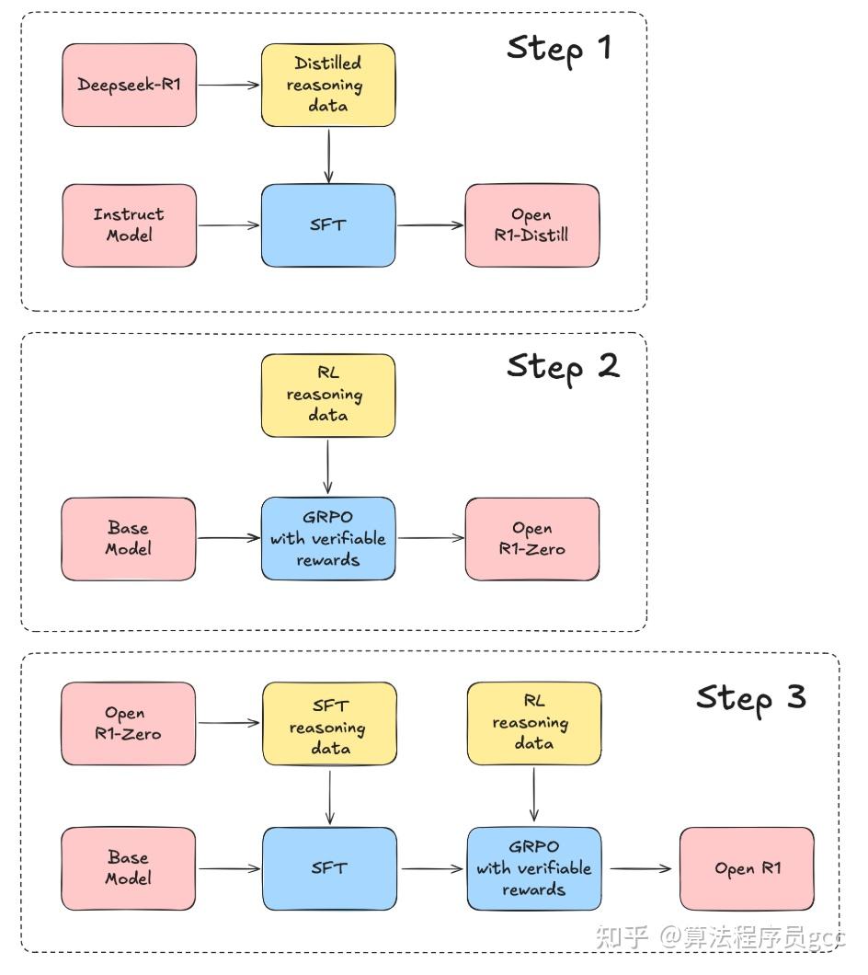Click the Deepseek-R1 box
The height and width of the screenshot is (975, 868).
(x=129, y=86)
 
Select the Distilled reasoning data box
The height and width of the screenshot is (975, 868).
(x=328, y=85)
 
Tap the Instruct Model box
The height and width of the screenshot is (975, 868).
(x=129, y=225)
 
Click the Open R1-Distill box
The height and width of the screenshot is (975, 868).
(x=531, y=225)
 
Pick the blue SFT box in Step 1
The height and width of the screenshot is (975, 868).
(x=328, y=225)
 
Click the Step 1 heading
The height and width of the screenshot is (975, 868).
(x=558, y=48)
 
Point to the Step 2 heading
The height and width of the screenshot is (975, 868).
(x=563, y=366)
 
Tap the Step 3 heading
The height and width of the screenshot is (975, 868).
(x=750, y=696)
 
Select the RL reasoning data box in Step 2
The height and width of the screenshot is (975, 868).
(x=328, y=396)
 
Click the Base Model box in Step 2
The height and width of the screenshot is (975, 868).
(x=129, y=539)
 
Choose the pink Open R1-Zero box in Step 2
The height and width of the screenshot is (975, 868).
(x=531, y=539)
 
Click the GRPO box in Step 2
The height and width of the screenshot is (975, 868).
(x=328, y=539)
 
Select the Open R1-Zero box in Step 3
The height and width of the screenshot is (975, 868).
(x=129, y=723)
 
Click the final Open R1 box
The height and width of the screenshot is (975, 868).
(x=747, y=868)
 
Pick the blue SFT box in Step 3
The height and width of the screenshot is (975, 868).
(x=330, y=868)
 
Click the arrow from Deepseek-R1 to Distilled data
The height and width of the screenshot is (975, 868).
(x=229, y=86)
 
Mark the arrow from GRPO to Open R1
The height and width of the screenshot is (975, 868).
(x=640, y=867)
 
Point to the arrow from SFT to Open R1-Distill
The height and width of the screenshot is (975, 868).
(x=430, y=225)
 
